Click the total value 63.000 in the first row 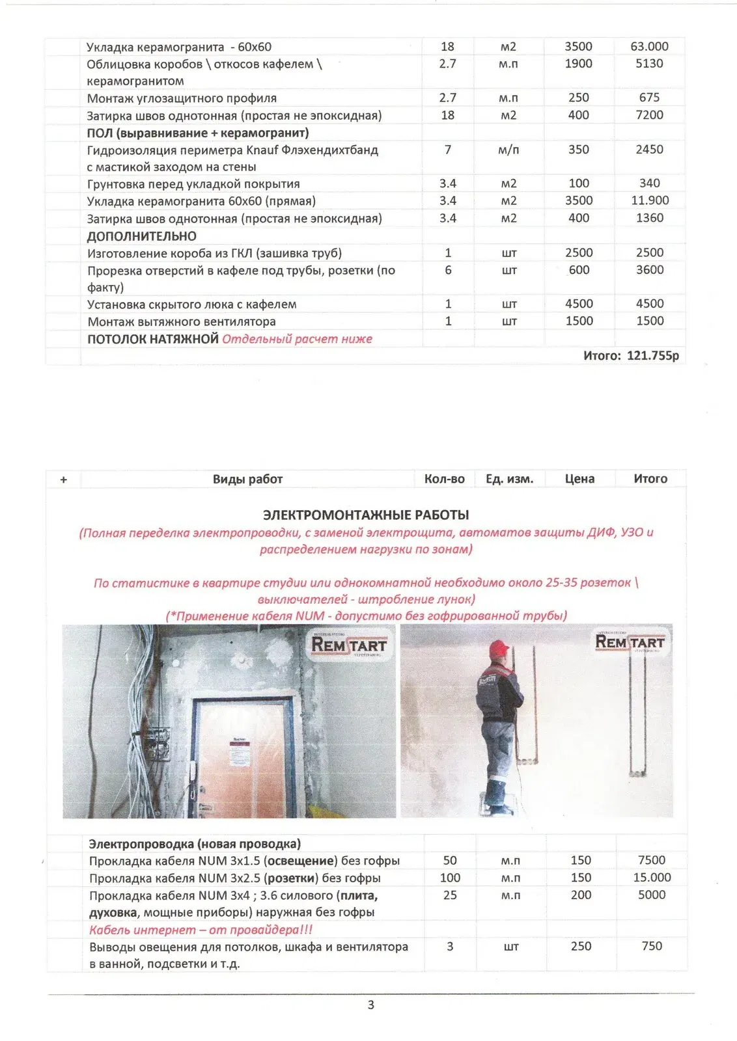648,46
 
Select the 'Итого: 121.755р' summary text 630,355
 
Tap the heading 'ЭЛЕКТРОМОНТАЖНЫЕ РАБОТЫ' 365,515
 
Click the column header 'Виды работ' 247,479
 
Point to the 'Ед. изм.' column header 509,479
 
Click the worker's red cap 498,649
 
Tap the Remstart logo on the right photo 630,642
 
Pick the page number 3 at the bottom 371,1005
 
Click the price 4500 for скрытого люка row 578,304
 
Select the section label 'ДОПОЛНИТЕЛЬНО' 141,236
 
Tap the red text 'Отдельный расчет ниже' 297,339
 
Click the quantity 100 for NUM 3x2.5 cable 450,878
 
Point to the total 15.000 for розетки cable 651,878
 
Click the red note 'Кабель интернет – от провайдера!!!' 201,930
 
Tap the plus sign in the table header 63,480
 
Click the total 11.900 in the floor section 649,200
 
